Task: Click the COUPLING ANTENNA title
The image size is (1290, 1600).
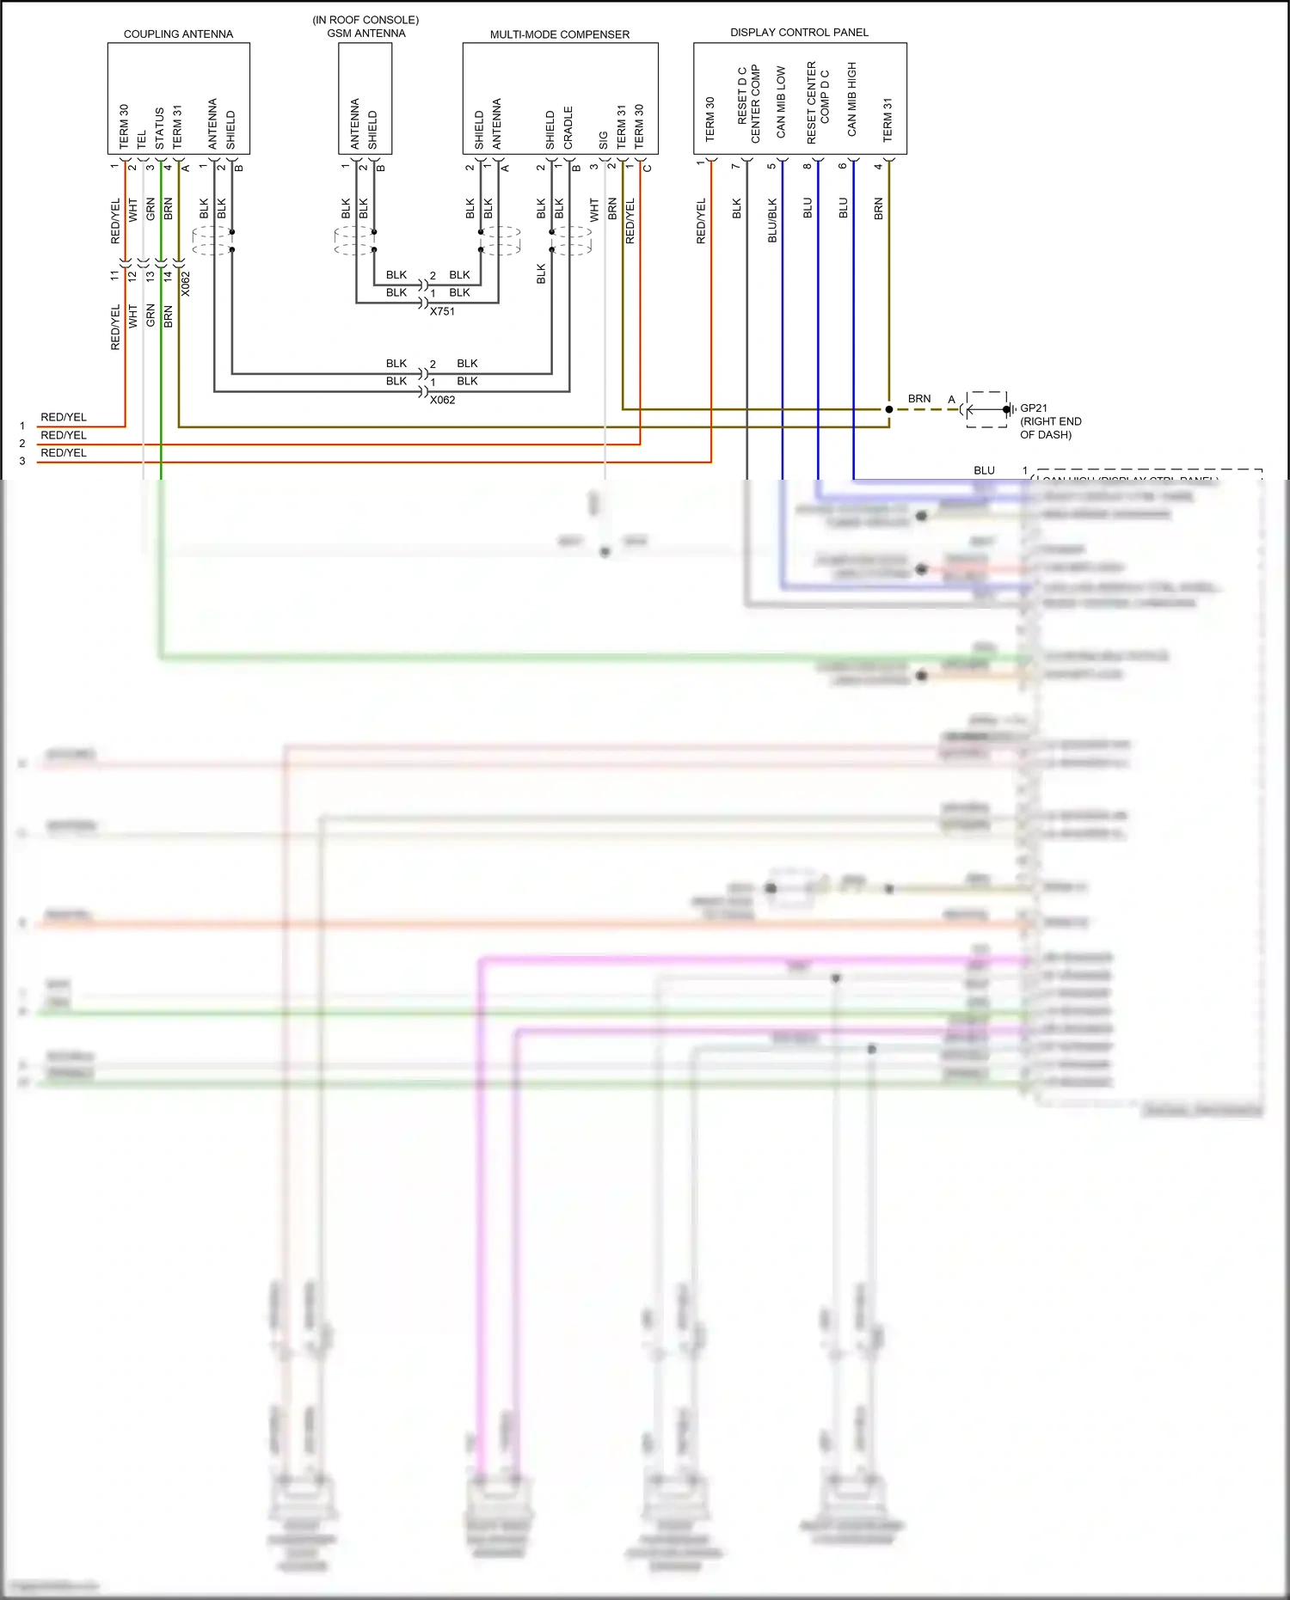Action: click(178, 34)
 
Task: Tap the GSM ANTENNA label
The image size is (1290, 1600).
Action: click(365, 34)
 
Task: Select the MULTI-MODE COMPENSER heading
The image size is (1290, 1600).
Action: click(559, 34)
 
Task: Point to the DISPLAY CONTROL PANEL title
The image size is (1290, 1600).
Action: click(799, 33)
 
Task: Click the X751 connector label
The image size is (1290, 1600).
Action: click(442, 311)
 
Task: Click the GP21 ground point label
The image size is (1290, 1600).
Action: click(1034, 408)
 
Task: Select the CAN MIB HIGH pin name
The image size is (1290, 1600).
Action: click(851, 99)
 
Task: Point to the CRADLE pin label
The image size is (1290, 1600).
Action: click(568, 127)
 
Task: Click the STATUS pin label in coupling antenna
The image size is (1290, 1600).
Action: click(160, 128)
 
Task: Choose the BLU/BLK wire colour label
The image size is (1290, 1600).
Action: click(772, 220)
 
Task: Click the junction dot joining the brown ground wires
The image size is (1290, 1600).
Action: click(888, 409)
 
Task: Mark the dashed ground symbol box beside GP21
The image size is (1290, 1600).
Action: click(986, 409)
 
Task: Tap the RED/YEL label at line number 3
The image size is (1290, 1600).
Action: click(64, 453)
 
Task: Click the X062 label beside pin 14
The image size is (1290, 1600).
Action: click(185, 284)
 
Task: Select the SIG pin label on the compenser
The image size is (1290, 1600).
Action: click(604, 139)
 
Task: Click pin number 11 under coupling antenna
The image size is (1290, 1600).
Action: click(114, 276)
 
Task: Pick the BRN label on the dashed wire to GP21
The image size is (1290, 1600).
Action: click(919, 399)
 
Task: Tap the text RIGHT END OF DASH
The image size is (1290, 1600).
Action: click(1050, 428)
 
